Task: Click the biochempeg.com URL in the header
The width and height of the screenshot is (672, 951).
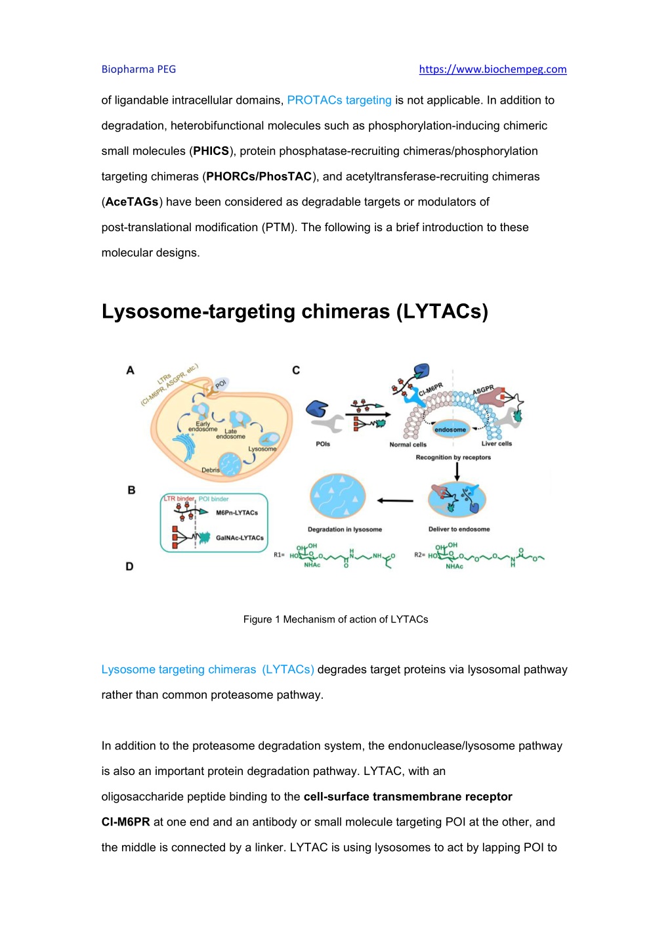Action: [493, 69]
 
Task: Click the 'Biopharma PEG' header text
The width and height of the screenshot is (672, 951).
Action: [138, 69]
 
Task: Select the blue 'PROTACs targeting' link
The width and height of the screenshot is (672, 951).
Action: [339, 100]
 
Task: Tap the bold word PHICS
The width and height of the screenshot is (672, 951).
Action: [211, 151]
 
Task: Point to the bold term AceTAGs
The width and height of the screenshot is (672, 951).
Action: [131, 202]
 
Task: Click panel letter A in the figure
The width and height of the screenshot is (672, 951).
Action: [130, 370]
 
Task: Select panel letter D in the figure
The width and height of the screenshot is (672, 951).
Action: [129, 566]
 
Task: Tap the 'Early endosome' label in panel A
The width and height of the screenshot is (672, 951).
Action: [203, 426]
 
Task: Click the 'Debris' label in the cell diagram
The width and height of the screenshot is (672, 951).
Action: [211, 470]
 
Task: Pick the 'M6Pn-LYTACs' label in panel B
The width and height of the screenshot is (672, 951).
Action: [237, 512]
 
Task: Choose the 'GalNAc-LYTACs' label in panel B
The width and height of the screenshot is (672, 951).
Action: [240, 537]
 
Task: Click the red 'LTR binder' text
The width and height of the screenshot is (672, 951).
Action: [179, 498]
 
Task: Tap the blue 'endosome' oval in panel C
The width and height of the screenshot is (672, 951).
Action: [450, 430]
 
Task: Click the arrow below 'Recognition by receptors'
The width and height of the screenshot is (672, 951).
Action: [457, 472]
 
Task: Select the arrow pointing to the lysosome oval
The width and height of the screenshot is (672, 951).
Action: [395, 500]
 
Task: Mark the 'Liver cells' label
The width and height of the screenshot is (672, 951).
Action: [496, 444]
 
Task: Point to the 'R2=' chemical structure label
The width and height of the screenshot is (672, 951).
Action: [420, 555]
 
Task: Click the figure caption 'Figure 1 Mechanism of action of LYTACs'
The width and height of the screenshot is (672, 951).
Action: [335, 619]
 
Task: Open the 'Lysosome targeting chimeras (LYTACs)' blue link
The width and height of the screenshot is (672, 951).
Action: [208, 669]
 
